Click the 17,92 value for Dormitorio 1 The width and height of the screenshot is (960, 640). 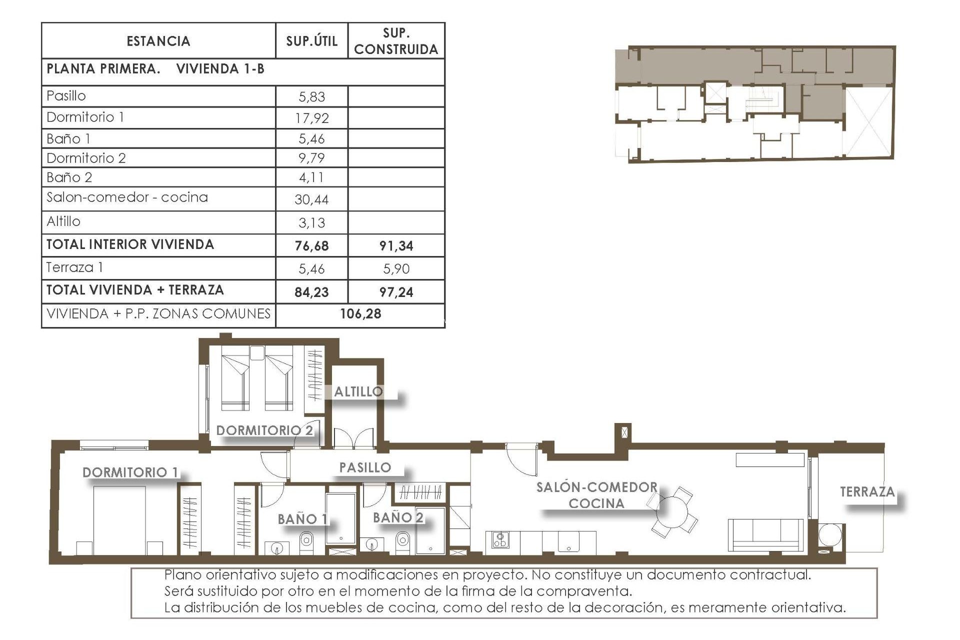click(x=311, y=118)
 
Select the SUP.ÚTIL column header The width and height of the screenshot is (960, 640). click(x=311, y=41)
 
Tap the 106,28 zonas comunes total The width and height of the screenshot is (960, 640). click(x=360, y=314)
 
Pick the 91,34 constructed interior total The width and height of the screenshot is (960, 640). click(x=396, y=245)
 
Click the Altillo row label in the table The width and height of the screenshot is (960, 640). click(x=63, y=221)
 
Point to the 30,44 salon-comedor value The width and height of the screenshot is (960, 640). click(x=311, y=199)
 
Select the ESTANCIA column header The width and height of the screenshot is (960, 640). click(x=158, y=41)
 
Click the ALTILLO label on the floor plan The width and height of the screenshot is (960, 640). click(x=358, y=391)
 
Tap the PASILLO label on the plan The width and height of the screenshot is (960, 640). click(x=365, y=467)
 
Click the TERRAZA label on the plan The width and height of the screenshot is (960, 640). click(x=867, y=492)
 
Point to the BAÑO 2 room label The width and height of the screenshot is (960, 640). click(x=398, y=517)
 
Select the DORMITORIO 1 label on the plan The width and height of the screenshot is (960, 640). click(x=130, y=472)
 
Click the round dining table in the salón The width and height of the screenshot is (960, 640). click(x=673, y=511)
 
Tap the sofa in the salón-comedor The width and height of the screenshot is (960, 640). click(x=765, y=535)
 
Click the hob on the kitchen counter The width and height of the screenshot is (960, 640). click(x=500, y=539)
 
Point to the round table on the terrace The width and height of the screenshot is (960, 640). click(x=830, y=535)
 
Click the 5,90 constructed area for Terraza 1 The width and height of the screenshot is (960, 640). click(x=396, y=269)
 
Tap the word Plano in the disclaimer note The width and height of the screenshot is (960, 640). click(x=182, y=575)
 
